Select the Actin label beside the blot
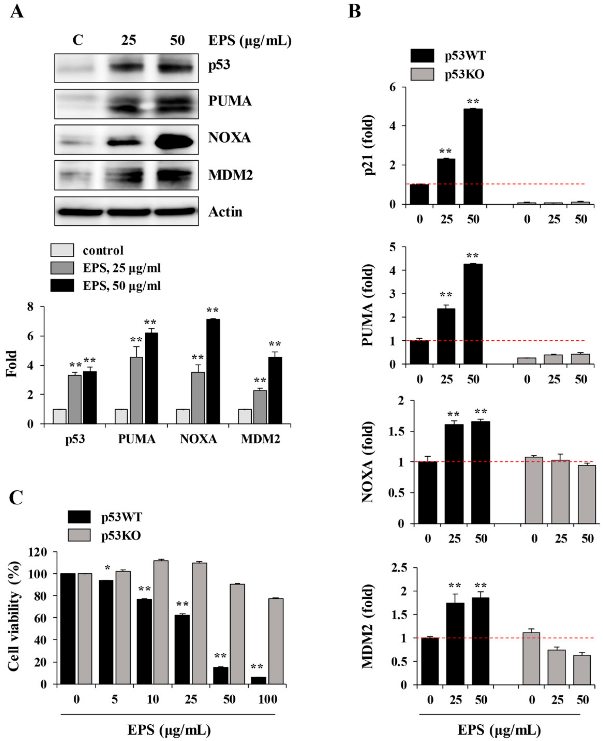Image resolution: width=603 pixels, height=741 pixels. coord(225,211)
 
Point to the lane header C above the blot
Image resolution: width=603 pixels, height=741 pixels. coord(78,40)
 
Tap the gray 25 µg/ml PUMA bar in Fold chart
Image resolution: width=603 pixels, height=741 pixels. coord(136,390)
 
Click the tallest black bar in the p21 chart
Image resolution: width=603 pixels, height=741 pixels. coord(473,156)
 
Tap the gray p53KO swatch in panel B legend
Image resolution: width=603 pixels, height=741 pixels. coord(422,74)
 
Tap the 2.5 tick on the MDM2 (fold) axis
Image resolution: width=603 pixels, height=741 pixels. coord(400,568)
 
